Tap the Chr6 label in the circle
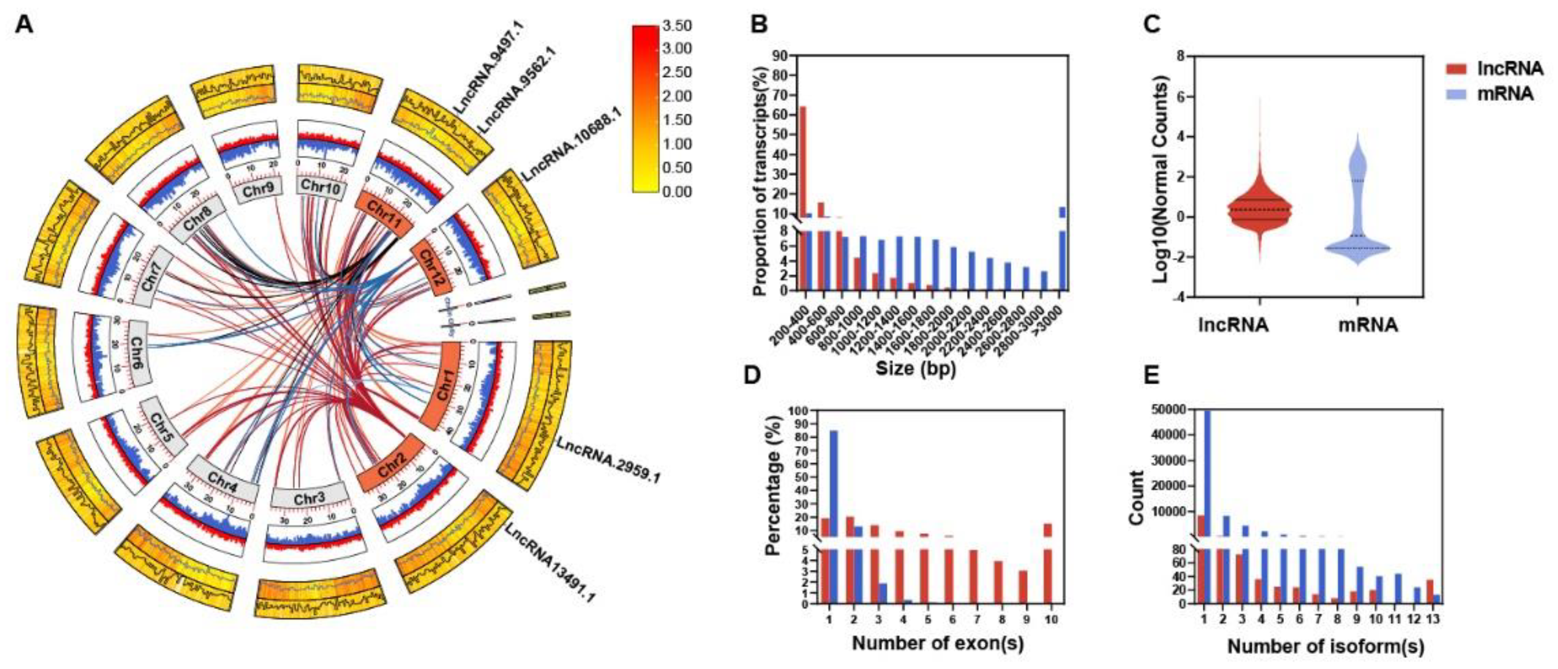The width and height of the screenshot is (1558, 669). tap(138, 357)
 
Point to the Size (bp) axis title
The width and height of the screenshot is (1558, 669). tap(915, 366)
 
